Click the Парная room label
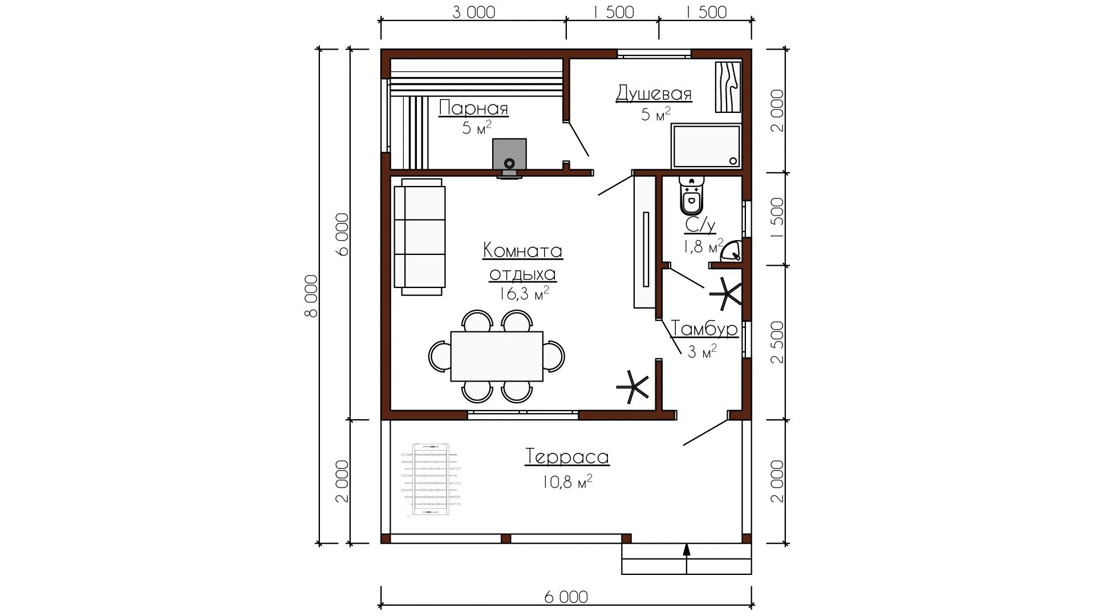[473, 108]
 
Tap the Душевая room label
[654, 94]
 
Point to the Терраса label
[567, 457]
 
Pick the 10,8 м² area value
[567, 483]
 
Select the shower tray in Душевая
[707, 146]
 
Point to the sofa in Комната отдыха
[420, 237]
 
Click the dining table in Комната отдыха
[497, 356]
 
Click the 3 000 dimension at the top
[474, 12]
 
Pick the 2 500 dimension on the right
[776, 342]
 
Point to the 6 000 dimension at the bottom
[566, 597]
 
